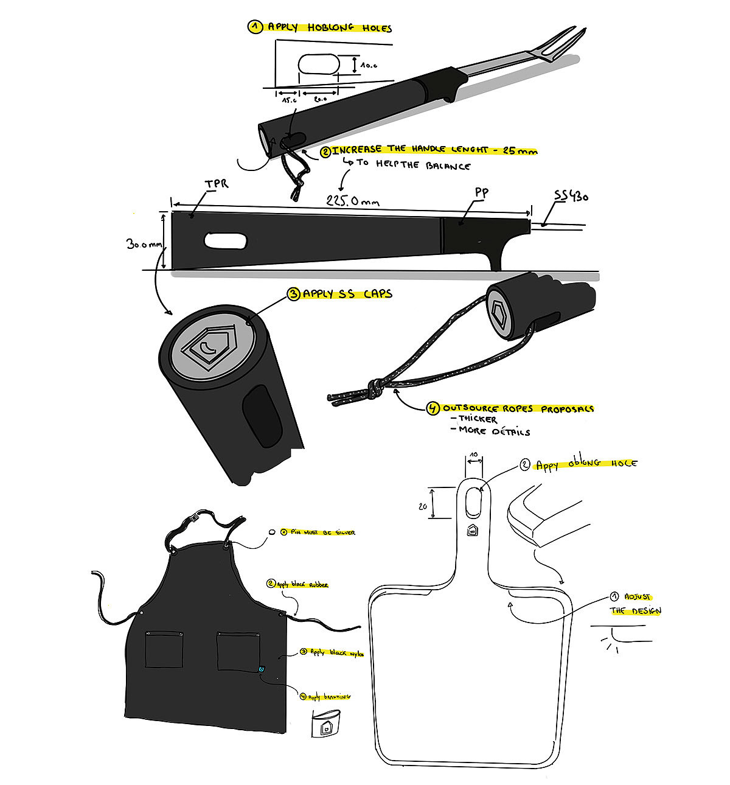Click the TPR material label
(x=217, y=183)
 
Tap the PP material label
(x=481, y=194)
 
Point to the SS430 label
(x=571, y=197)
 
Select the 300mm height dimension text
(x=144, y=243)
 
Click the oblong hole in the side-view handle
(x=226, y=240)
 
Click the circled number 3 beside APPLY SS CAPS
(x=294, y=294)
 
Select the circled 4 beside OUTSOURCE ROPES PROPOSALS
(x=434, y=408)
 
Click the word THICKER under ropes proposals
(x=478, y=419)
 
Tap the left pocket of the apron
(x=164, y=650)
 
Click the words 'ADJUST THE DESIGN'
(x=636, y=604)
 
